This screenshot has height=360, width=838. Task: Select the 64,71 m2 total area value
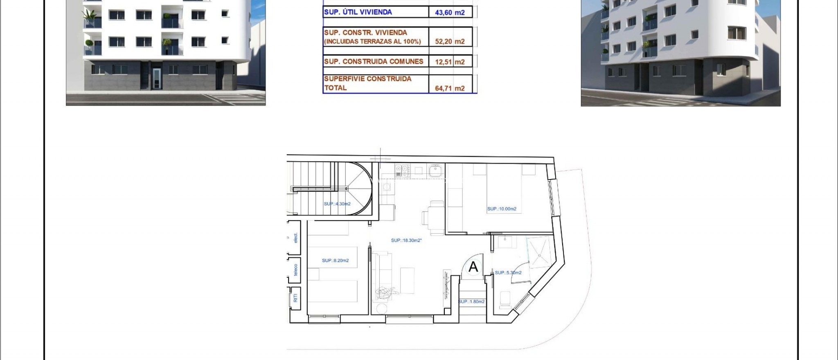pos(450,88)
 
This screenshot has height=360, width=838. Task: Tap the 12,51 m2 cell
pos(450,62)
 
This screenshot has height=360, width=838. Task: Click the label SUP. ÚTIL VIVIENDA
pos(358,12)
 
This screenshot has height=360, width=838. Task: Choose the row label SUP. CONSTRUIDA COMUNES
pos(374,62)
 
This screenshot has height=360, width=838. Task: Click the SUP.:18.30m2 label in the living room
pos(406,241)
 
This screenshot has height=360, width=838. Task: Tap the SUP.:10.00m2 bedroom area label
pos(502,209)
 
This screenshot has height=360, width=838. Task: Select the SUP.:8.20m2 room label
pos(335,261)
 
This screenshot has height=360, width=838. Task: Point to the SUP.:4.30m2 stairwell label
pos(337,204)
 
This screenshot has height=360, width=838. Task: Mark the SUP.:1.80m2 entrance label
pos(471,302)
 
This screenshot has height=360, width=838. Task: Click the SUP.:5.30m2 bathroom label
pos(508,273)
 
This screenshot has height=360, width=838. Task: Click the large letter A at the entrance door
pos(473,267)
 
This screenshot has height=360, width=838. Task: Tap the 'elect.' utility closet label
pos(295,238)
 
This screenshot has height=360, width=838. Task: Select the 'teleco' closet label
pos(295,270)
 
